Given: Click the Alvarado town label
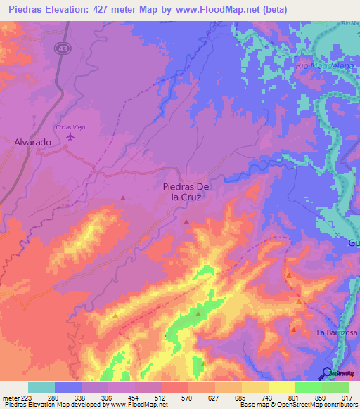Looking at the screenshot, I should click(33, 142).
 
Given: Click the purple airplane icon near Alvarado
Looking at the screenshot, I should click(70, 136).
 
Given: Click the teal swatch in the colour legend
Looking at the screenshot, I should click(41, 387).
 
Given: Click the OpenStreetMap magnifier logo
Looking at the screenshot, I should click(327, 372).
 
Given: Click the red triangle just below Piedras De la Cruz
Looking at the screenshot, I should click(186, 222).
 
